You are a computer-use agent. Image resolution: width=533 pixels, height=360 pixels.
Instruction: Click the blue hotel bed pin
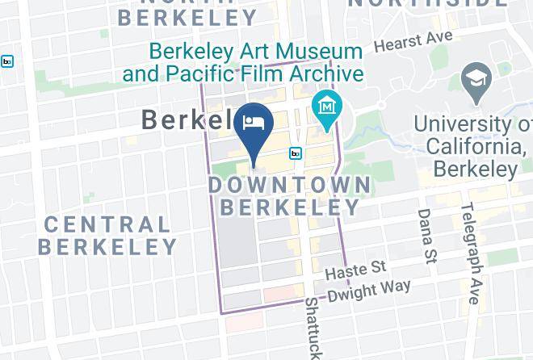click(254, 125)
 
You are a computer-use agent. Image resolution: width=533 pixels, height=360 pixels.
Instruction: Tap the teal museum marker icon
click(328, 107)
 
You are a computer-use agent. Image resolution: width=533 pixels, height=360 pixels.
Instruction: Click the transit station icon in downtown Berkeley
click(296, 153)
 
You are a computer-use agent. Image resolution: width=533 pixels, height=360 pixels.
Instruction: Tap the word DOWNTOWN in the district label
click(290, 185)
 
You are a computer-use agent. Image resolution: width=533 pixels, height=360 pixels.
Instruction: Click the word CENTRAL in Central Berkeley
click(107, 224)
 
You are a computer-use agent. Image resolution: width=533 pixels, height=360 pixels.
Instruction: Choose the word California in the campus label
click(475, 147)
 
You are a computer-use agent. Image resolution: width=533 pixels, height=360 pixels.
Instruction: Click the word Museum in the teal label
click(322, 52)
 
